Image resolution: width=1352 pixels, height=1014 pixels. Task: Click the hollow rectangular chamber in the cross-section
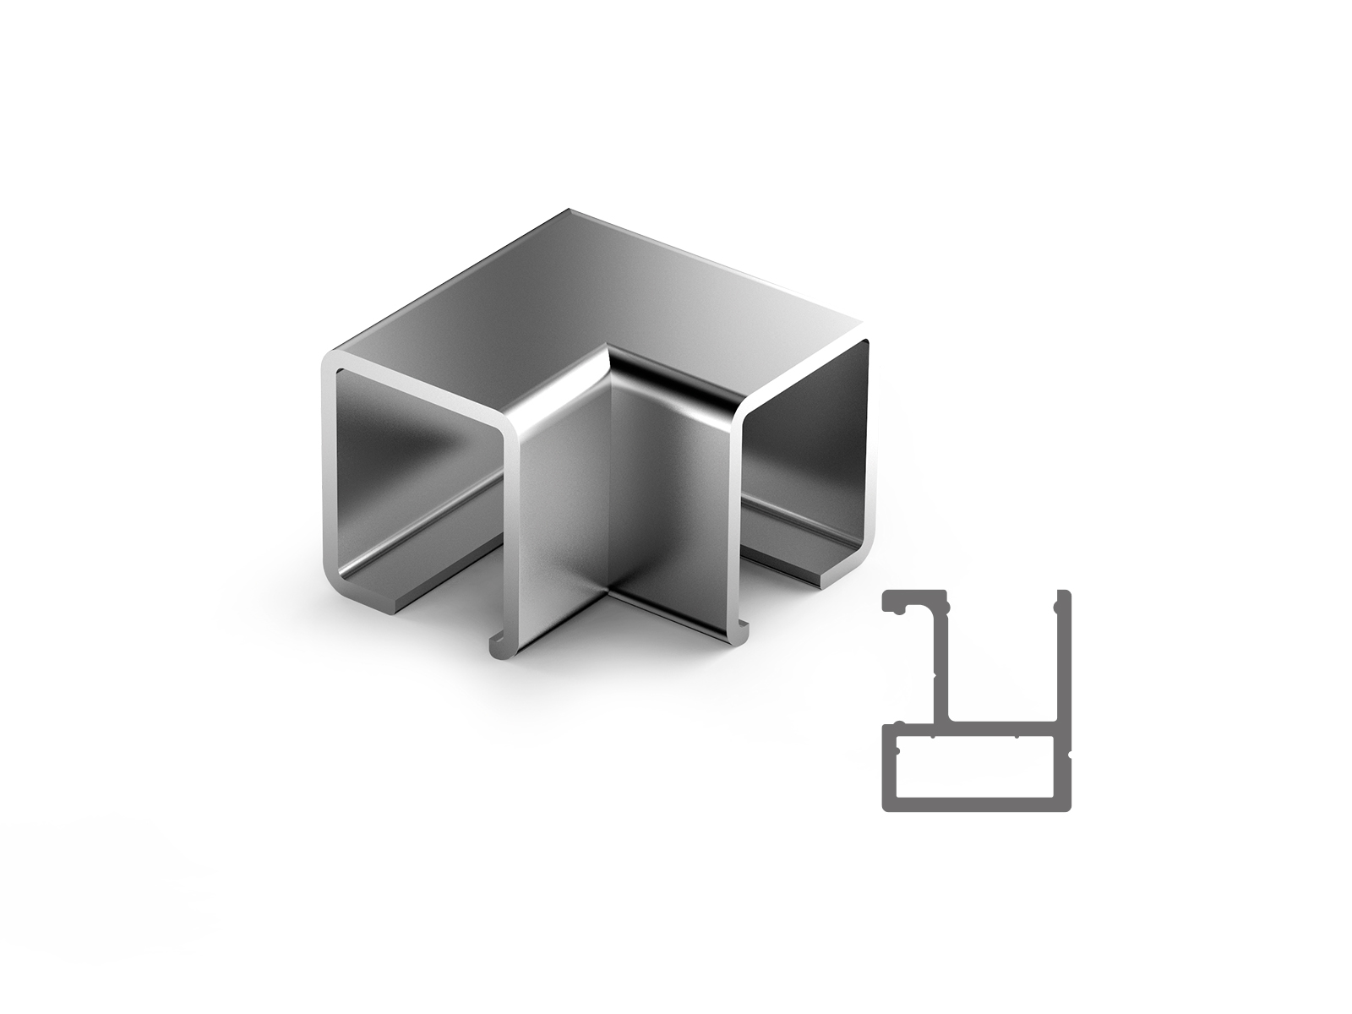tap(972, 767)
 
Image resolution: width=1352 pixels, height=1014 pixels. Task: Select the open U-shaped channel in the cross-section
tap(1001, 659)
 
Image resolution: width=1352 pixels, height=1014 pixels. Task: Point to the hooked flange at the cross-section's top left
tap(913, 602)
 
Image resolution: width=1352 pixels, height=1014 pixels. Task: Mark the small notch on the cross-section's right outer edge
tap(1071, 749)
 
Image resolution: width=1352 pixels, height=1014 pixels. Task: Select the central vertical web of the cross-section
tap(940, 668)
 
